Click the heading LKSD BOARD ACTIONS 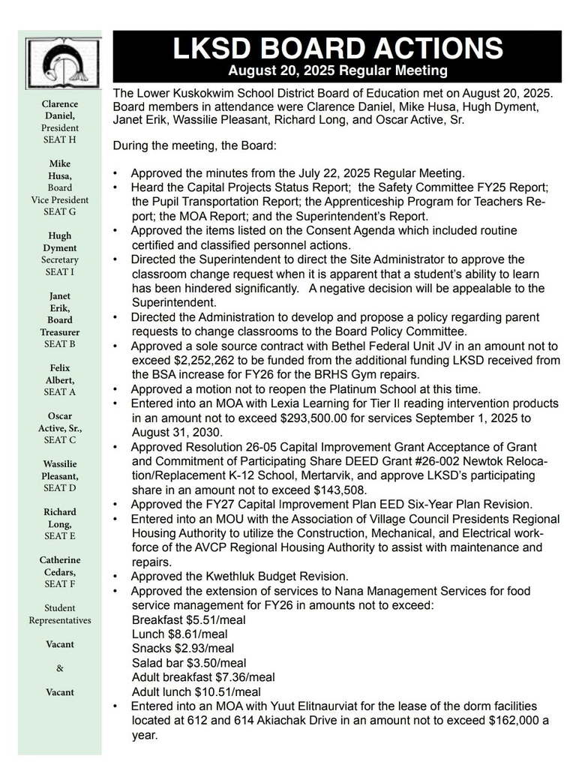337,49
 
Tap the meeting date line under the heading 337,71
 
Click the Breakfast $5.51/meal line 188,620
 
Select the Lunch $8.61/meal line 180,634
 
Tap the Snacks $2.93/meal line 182,649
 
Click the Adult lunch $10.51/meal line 196,692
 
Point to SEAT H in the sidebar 59,140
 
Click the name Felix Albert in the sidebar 59,379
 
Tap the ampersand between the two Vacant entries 60,668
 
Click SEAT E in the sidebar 59,536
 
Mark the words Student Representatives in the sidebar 59,614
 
